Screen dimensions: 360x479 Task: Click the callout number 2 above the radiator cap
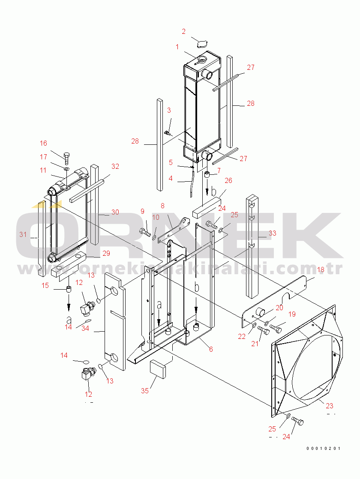183,31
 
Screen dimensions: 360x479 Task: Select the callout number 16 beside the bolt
43,143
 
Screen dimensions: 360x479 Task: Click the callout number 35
145,391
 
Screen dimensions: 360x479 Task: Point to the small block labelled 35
158,369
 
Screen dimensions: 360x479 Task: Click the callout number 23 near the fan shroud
330,406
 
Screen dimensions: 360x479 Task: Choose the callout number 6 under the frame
211,349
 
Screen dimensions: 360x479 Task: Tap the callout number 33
272,233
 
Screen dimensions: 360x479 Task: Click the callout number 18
321,270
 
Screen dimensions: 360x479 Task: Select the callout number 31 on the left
23,234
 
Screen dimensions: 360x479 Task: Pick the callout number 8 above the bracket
162,206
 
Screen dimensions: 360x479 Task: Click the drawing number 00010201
323,449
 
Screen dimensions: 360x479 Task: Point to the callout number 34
85,328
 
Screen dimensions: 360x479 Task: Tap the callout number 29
106,253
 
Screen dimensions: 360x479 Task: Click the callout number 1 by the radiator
177,47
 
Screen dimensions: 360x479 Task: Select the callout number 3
169,110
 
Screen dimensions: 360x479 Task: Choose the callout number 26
228,180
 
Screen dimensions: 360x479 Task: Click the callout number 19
292,314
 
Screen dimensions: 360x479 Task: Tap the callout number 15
45,285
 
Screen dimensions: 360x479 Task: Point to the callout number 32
115,166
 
